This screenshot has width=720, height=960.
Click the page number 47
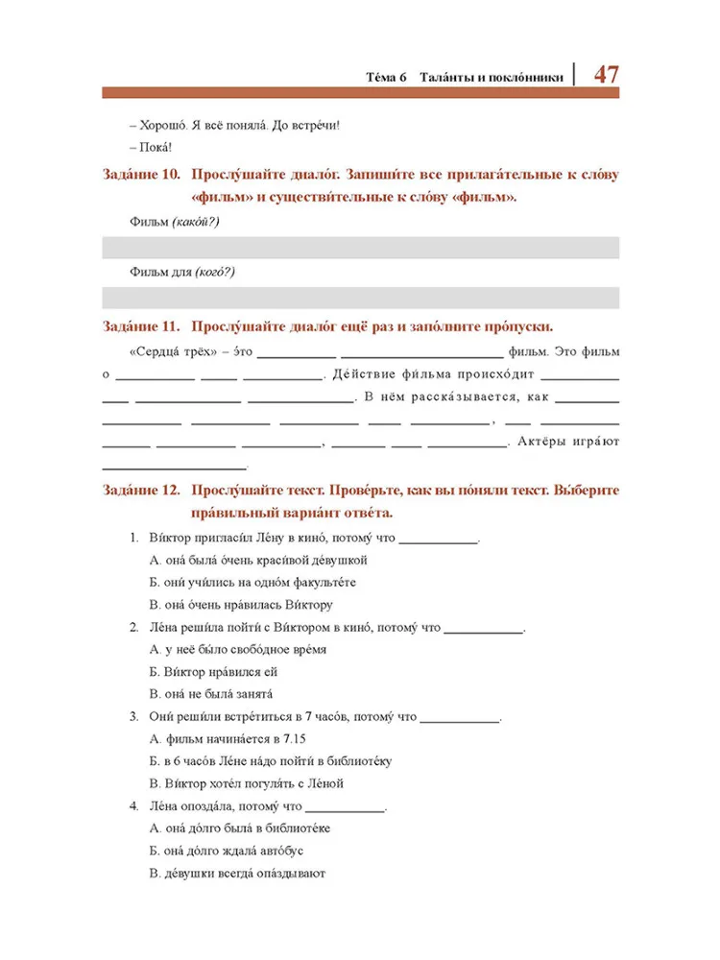click(606, 74)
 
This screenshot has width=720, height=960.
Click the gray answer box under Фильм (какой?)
click(360, 247)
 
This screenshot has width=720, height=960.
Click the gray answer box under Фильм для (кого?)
click(360, 298)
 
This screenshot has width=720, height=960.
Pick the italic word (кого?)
click(214, 273)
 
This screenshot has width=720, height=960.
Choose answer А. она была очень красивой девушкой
click(259, 560)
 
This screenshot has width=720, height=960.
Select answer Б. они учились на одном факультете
click(253, 583)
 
